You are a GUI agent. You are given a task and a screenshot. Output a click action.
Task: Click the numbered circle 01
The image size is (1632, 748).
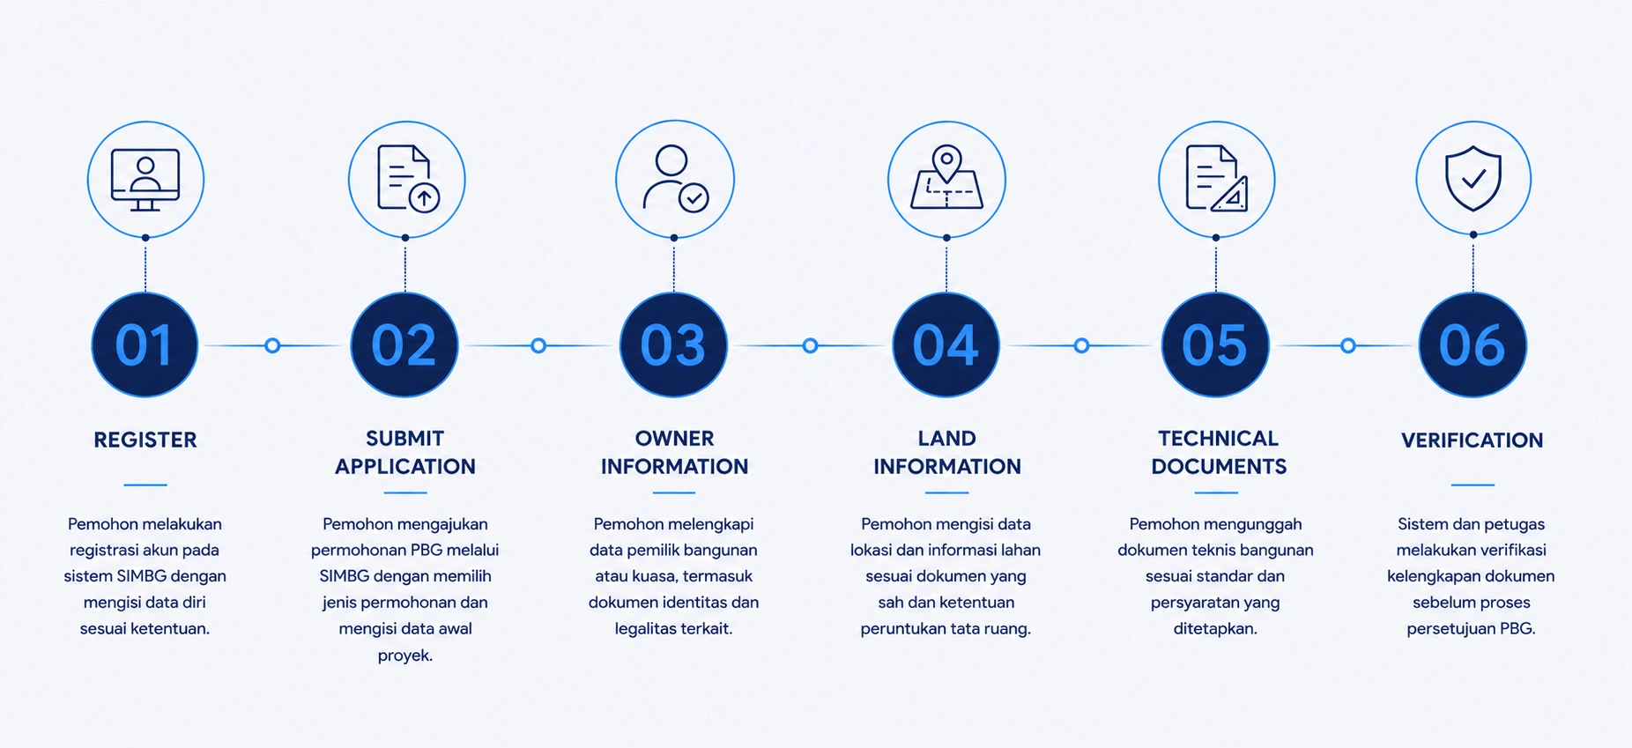145,344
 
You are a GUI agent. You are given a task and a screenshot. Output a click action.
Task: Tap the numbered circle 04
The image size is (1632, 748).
946,344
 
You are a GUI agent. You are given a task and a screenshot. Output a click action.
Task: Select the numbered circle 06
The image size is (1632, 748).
1473,344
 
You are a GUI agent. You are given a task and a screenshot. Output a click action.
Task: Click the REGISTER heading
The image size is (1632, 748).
145,440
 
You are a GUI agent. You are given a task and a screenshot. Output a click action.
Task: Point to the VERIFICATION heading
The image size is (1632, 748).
1473,440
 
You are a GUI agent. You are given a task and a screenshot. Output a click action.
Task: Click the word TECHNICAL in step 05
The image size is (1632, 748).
1218,438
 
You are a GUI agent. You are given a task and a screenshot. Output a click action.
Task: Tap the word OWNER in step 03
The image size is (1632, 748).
675,438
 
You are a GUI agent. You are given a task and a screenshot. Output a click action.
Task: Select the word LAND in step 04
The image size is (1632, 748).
947,438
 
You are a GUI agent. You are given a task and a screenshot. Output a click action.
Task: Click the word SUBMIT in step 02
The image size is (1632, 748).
405,438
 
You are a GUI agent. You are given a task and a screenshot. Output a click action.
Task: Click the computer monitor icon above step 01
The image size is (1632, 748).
145,180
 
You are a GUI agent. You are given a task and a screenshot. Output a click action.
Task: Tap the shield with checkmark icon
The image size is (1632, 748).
1473,179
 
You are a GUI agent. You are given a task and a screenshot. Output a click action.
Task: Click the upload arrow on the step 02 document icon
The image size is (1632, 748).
425,197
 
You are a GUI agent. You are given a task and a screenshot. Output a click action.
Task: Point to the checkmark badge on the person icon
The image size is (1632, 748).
694,197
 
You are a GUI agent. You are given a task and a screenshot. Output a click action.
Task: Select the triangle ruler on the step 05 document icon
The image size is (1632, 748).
1231,196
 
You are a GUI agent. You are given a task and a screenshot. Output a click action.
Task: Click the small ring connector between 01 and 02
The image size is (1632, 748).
272,345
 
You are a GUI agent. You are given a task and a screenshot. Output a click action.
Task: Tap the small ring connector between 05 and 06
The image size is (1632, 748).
1347,345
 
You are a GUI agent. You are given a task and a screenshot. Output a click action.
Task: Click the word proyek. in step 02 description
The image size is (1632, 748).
405,655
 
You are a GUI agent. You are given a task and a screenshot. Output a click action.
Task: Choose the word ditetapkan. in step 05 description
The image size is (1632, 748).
1215,629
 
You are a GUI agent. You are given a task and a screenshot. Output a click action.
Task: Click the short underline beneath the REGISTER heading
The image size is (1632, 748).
145,485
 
